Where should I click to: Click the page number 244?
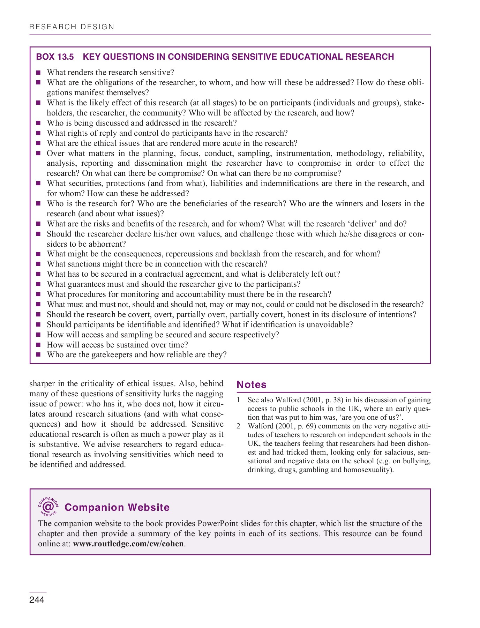pyautogui.click(x=37, y=600)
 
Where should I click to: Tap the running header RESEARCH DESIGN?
pyautogui.click(x=72, y=27)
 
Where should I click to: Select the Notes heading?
pyautogui.click(x=252, y=384)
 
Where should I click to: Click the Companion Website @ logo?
pyautogui.click(x=48, y=506)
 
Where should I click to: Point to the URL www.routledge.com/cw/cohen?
pyautogui.click(x=128, y=544)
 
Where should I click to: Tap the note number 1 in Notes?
pyautogui.click(x=239, y=400)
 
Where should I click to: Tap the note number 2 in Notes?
pyautogui.click(x=239, y=426)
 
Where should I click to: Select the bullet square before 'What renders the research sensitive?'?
pyautogui.click(x=39, y=73)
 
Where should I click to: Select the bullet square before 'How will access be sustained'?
pyautogui.click(x=39, y=345)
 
